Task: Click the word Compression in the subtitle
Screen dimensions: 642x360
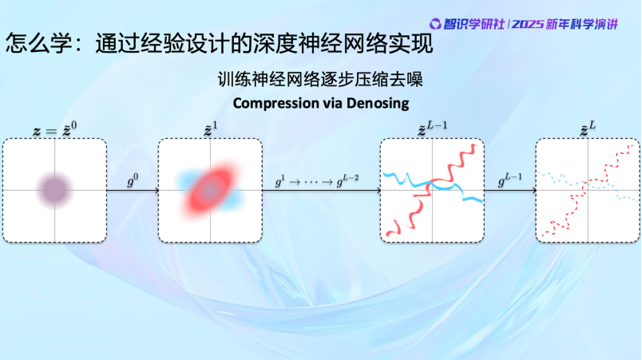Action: point(275,104)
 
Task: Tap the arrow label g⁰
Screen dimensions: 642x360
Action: point(133,180)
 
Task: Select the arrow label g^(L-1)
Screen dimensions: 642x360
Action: point(509,180)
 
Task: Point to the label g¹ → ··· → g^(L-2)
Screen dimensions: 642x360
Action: point(317,180)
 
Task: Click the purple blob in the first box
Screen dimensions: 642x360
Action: point(55,190)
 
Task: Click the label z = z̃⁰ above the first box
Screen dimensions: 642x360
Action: point(55,129)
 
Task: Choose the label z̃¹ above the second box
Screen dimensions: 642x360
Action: point(211,129)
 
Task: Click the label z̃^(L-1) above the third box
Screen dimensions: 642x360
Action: point(432,129)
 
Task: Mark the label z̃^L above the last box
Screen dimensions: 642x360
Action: point(588,129)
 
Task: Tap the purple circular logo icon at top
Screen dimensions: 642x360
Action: point(435,24)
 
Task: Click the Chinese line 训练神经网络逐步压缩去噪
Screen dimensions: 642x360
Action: point(320,79)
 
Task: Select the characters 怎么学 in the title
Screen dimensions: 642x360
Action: point(39,43)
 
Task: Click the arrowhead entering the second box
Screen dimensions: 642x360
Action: point(156,190)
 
